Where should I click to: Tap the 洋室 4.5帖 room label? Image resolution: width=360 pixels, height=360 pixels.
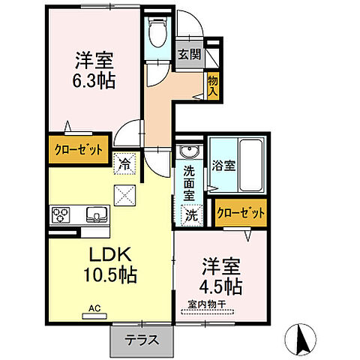pos(220,276)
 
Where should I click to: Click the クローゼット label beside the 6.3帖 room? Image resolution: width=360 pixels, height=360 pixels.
pos(77,149)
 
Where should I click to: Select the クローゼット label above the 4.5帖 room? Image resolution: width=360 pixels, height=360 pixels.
pos(241,213)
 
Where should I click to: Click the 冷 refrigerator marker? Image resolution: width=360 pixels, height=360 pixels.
pos(124,160)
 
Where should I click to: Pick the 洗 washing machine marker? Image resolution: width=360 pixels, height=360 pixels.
pos(193,214)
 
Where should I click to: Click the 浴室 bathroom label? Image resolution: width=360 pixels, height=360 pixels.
pos(223,165)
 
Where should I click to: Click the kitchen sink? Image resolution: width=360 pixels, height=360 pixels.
pos(97,215)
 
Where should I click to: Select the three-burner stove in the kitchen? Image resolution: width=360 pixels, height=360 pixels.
pos(61,215)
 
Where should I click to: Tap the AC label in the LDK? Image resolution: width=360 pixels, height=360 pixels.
pos(94,307)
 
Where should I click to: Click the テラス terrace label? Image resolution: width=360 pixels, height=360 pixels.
pos(142,340)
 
